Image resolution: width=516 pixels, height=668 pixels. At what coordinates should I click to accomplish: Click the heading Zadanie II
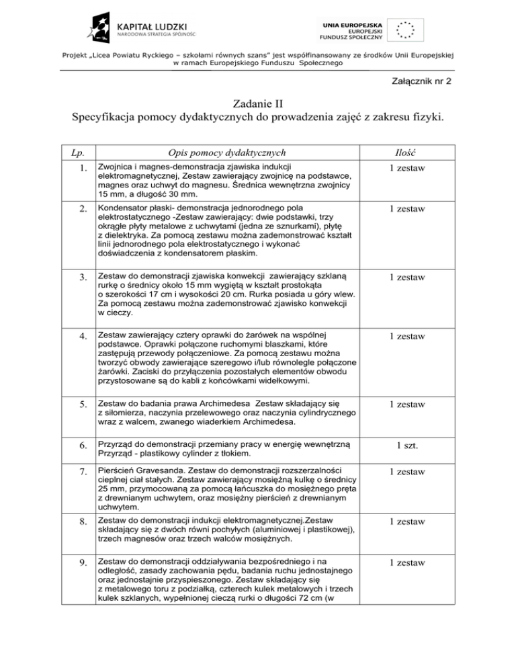pyautogui.click(x=258, y=105)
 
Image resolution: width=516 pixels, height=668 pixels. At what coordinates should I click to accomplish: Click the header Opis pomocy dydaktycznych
pyautogui.click(x=226, y=153)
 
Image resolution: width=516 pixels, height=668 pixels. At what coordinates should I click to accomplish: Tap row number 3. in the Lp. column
pyautogui.click(x=81, y=278)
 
